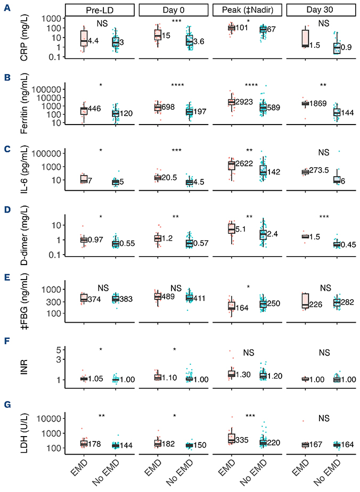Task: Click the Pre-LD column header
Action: point(100,10)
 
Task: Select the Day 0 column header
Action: point(174,10)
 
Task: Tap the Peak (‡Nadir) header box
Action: point(248,10)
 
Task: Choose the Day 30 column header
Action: point(322,10)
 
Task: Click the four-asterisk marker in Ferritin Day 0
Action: point(174,85)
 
